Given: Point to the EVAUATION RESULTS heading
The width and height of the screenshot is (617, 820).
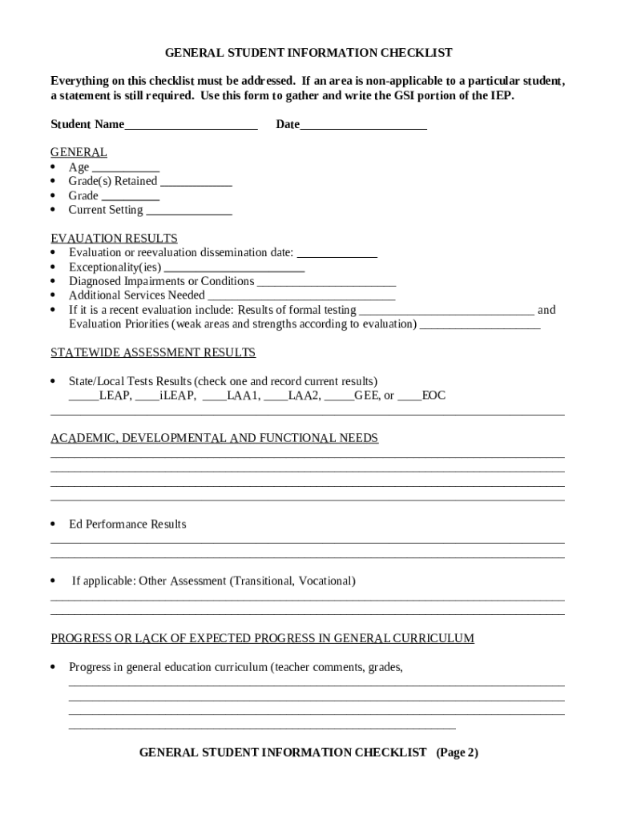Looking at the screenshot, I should tap(114, 239).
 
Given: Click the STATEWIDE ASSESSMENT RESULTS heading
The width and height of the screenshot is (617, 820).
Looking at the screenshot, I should tap(153, 353).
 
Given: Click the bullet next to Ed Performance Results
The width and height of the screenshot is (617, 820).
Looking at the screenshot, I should tap(53, 525).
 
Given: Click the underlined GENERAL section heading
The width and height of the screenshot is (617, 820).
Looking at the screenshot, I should tap(79, 153).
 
